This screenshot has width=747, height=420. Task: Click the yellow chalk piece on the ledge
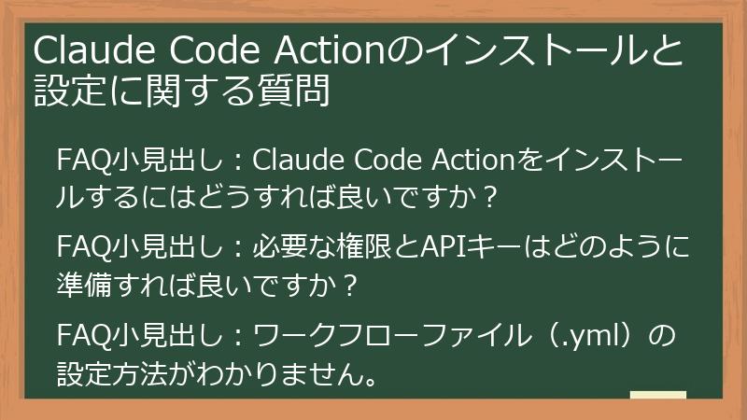(657, 396)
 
